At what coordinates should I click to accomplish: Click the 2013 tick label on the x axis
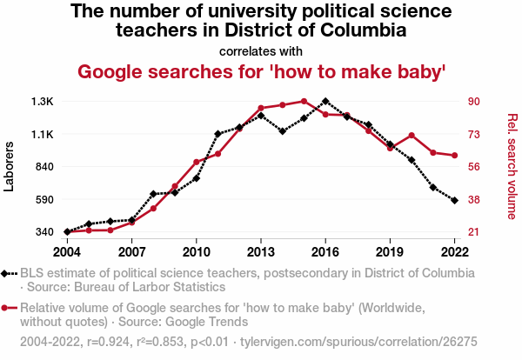tap(260, 251)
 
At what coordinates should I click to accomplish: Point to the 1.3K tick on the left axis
tap(43, 102)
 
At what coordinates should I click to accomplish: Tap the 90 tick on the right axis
tap(474, 102)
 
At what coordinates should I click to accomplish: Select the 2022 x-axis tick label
tap(454, 251)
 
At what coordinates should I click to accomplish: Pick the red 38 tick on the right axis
tap(474, 199)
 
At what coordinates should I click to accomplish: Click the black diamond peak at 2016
tap(325, 102)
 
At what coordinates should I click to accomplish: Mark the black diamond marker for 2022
tap(454, 201)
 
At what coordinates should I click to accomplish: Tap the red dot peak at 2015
tap(304, 101)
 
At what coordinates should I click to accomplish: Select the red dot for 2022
tap(454, 156)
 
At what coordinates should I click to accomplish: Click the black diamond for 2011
tap(217, 134)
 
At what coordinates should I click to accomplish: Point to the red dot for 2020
tap(412, 136)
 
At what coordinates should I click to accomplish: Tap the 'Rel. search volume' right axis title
tap(512, 166)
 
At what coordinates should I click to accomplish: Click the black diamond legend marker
tap(7, 273)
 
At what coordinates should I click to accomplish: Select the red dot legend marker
tap(7, 307)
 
